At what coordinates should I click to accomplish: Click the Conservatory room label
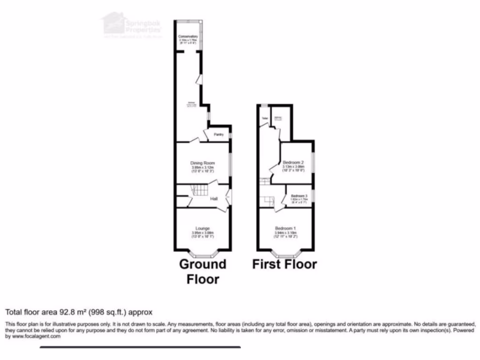(188, 37)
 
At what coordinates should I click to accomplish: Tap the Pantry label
(218, 135)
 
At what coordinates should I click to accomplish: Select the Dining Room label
(202, 163)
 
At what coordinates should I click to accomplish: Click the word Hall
(214, 199)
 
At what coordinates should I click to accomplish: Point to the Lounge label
(202, 228)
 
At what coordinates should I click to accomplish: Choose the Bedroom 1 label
(285, 228)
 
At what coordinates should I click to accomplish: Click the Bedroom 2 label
(293, 163)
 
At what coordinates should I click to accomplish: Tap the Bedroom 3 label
(299, 195)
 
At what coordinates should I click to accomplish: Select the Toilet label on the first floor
(264, 118)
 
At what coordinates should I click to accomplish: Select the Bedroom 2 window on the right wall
(314, 162)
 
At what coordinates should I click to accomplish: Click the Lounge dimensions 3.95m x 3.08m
(202, 232)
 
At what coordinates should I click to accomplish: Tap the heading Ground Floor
(202, 271)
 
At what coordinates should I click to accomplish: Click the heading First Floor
(285, 264)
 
